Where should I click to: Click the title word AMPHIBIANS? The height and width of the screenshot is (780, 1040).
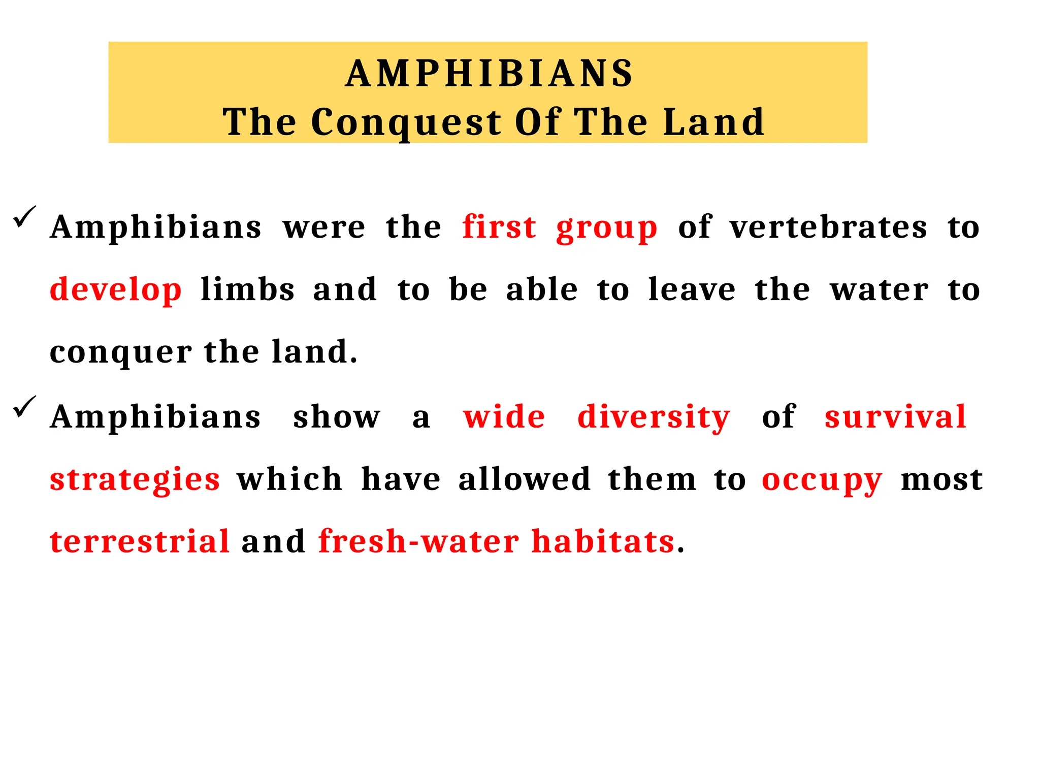click(489, 74)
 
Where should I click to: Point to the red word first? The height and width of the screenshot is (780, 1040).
click(499, 226)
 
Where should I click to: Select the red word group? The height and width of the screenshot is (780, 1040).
click(607, 229)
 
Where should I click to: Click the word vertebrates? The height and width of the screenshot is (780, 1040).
click(829, 226)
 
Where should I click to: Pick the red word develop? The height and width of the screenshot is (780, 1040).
click(116, 290)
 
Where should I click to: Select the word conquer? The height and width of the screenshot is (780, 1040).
click(121, 352)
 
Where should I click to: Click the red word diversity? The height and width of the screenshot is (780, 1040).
click(654, 417)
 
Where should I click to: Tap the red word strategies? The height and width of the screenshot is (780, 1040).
click(135, 480)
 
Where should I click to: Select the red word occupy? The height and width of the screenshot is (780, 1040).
click(822, 480)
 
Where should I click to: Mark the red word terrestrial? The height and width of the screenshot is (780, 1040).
click(140, 541)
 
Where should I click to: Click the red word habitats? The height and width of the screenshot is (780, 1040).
click(603, 541)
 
